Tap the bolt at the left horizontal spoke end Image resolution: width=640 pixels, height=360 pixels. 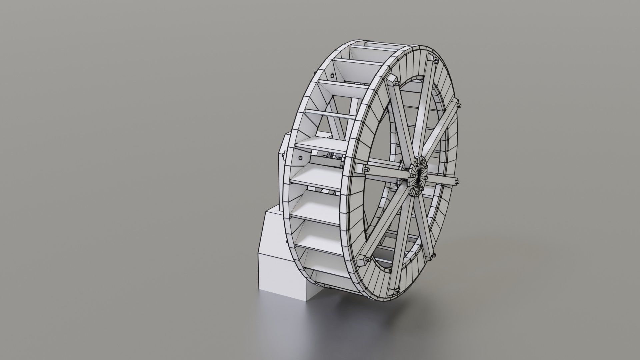tap(366, 169)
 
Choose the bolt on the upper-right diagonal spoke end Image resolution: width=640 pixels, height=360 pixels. tap(460, 106)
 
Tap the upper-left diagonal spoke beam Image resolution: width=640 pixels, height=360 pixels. tap(403, 120)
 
